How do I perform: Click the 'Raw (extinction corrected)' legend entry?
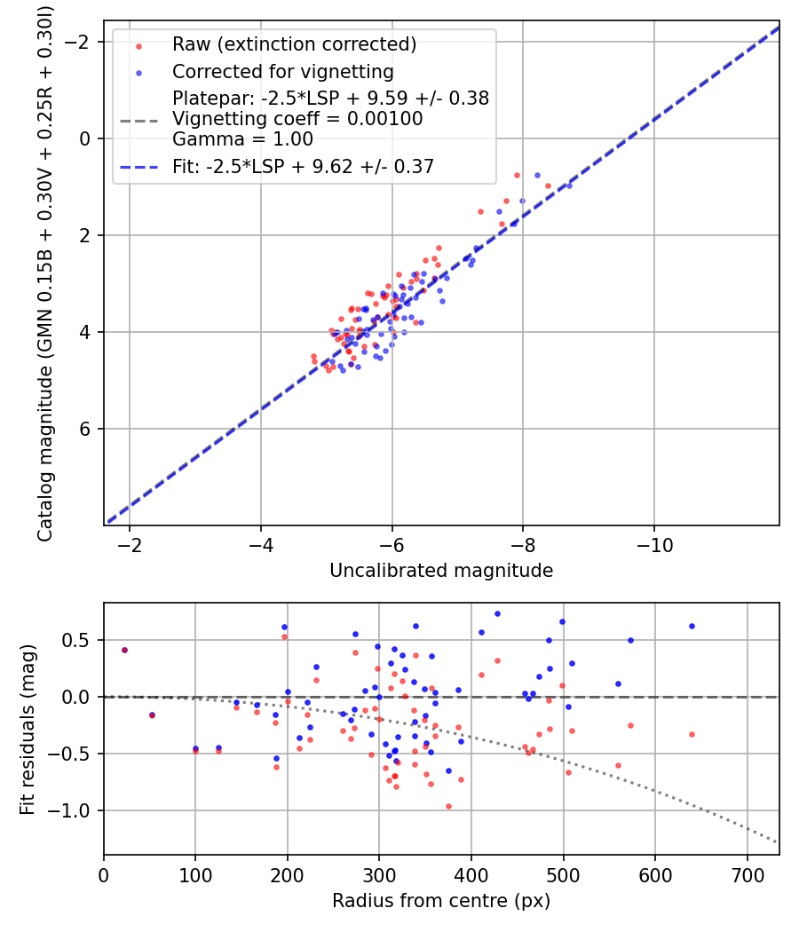click(x=294, y=44)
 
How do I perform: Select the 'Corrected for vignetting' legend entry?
click(x=283, y=71)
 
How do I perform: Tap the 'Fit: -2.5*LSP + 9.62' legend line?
click(x=303, y=166)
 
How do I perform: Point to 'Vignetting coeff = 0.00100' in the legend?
click(x=297, y=119)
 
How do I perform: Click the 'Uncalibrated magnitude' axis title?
click(x=441, y=571)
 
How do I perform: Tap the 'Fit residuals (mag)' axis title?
click(x=28, y=729)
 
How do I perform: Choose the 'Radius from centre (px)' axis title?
click(x=441, y=901)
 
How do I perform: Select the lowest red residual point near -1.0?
click(x=448, y=806)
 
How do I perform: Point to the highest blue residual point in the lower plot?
click(x=497, y=613)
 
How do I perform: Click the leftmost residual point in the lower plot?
click(x=124, y=650)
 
